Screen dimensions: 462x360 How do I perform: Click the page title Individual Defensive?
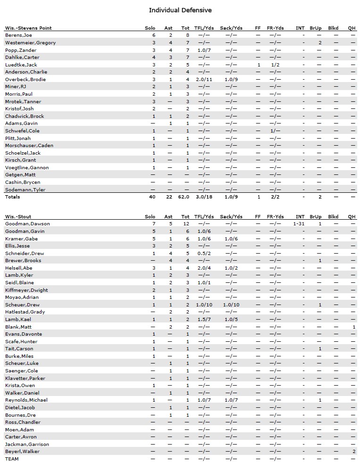[180, 10]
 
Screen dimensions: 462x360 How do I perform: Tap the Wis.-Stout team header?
[20, 216]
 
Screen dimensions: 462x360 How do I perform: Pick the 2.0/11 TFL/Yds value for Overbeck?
[204, 80]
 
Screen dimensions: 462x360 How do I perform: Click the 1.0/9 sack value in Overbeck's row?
[231, 80]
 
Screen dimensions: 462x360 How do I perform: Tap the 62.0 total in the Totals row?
[185, 197]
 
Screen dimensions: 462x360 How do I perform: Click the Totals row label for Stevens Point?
[13, 197]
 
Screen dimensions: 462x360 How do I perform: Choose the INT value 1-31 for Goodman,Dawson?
[299, 224]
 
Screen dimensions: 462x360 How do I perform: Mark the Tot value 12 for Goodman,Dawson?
[186, 224]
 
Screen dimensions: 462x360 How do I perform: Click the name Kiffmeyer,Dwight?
[26, 290]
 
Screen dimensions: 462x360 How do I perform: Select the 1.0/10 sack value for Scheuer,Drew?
[231, 305]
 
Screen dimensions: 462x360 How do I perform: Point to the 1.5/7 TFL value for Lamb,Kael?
[204, 319]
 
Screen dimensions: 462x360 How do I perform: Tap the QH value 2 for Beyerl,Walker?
[353, 452]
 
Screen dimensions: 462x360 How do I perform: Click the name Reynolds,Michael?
[26, 400]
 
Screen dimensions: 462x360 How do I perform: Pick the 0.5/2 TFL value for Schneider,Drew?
[204, 253]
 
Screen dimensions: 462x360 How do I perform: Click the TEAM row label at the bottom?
[12, 459]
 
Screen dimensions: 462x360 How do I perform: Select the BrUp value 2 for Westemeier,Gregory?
[320, 43]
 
